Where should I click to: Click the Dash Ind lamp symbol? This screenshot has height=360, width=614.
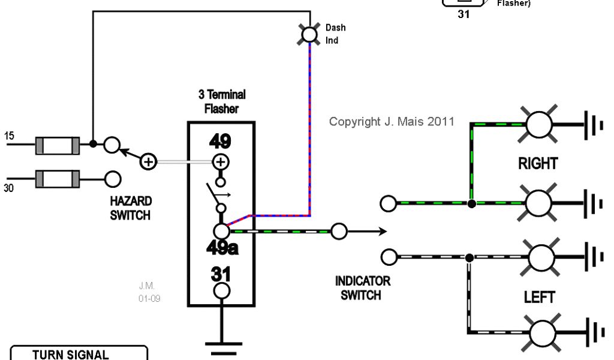tap(309, 34)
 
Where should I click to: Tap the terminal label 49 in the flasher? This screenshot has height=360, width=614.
tap(220, 142)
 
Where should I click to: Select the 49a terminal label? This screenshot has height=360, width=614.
tap(222, 247)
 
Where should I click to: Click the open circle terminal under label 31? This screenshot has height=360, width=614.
tap(221, 291)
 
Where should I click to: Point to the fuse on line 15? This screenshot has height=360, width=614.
tap(57, 145)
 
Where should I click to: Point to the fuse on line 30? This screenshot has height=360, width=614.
tap(57, 178)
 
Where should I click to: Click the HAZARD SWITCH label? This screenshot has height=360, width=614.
tap(131, 208)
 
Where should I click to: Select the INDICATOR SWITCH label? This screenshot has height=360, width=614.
tap(362, 287)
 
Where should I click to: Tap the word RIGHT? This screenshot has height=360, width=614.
tap(538, 163)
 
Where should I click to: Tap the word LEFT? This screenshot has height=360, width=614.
tap(539, 297)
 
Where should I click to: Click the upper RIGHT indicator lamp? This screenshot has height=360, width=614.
tap(538, 124)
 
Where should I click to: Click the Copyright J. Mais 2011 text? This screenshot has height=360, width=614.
tap(392, 122)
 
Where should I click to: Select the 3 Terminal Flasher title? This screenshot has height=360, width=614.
tap(222, 102)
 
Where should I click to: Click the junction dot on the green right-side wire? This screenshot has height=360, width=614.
tap(472, 204)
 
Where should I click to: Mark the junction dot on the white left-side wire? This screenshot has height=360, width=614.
tap(469, 257)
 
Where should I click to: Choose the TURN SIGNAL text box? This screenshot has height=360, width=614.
tap(79, 353)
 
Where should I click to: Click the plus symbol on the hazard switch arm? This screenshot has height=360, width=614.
tap(148, 161)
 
